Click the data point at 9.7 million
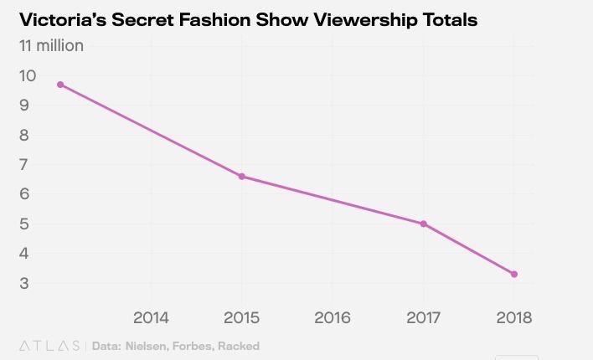click(x=60, y=85)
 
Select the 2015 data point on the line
click(x=242, y=176)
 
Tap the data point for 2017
click(x=424, y=224)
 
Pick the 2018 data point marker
click(x=514, y=274)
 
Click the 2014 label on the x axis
click(x=151, y=318)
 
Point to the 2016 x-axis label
click(x=333, y=318)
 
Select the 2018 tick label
click(x=514, y=318)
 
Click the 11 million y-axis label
click(x=51, y=46)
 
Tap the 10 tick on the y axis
click(x=28, y=75)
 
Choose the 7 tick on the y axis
click(x=24, y=164)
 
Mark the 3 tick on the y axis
click(x=24, y=283)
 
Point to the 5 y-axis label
click(x=24, y=224)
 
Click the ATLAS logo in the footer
click(x=49, y=346)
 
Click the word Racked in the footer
click(x=240, y=346)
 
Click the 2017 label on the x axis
click(x=424, y=318)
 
